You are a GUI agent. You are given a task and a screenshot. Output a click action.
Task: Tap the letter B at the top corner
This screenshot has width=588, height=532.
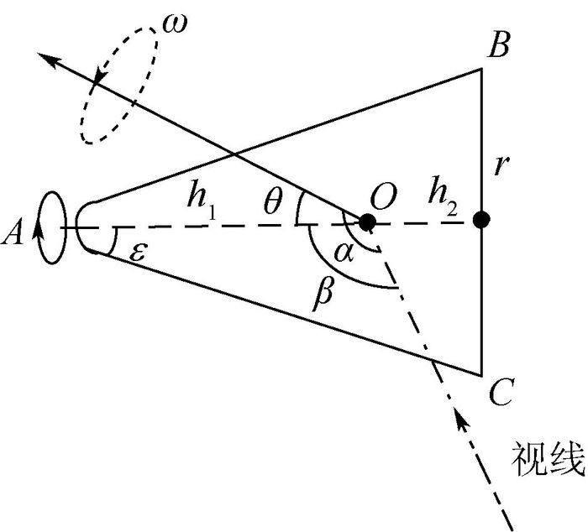tap(498, 46)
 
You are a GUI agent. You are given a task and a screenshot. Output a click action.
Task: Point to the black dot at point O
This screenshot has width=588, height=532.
tap(367, 222)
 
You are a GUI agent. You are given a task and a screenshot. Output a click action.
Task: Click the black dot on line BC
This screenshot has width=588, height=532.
tap(481, 221)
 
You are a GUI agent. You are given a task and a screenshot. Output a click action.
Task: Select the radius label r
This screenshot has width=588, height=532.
tap(502, 164)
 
